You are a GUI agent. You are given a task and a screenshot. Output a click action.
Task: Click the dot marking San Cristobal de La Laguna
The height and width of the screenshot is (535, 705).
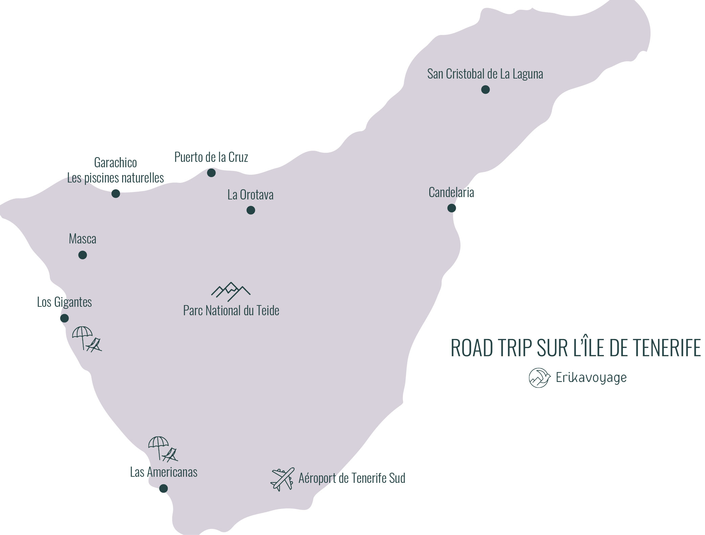[485, 90]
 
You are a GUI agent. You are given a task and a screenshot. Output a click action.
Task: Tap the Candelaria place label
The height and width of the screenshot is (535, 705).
[451, 192]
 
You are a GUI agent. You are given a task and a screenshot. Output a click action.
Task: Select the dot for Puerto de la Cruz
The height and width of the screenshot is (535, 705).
[211, 173]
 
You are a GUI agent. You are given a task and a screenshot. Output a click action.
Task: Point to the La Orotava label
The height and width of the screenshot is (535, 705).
[250, 195]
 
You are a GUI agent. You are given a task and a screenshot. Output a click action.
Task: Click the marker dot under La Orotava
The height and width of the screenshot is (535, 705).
[250, 210]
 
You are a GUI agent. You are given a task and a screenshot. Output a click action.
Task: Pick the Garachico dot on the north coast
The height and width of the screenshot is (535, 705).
[116, 194]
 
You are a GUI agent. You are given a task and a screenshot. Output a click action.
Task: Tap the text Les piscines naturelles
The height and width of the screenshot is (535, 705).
[115, 178]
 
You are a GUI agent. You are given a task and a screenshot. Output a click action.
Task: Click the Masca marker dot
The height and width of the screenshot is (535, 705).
[83, 255]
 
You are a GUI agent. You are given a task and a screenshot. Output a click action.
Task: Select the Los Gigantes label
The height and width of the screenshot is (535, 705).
[64, 302]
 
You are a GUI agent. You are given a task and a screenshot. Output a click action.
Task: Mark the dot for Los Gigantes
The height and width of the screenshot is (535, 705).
[64, 318]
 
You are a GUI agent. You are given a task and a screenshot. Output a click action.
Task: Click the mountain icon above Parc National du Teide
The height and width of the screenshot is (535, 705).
[231, 291]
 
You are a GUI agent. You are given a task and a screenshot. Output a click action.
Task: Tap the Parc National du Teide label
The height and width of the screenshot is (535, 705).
[231, 311]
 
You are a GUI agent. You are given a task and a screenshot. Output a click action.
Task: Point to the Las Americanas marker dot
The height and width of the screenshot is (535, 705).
[163, 488]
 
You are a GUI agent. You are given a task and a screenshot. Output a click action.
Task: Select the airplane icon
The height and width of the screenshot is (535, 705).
[282, 479]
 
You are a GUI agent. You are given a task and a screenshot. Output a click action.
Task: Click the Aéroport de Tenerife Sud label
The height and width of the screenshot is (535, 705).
[351, 478]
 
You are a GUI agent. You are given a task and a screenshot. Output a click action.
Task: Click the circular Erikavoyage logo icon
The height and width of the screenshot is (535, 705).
[539, 378]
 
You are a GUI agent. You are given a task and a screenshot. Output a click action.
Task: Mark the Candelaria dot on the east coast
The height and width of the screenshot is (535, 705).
[451, 208]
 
